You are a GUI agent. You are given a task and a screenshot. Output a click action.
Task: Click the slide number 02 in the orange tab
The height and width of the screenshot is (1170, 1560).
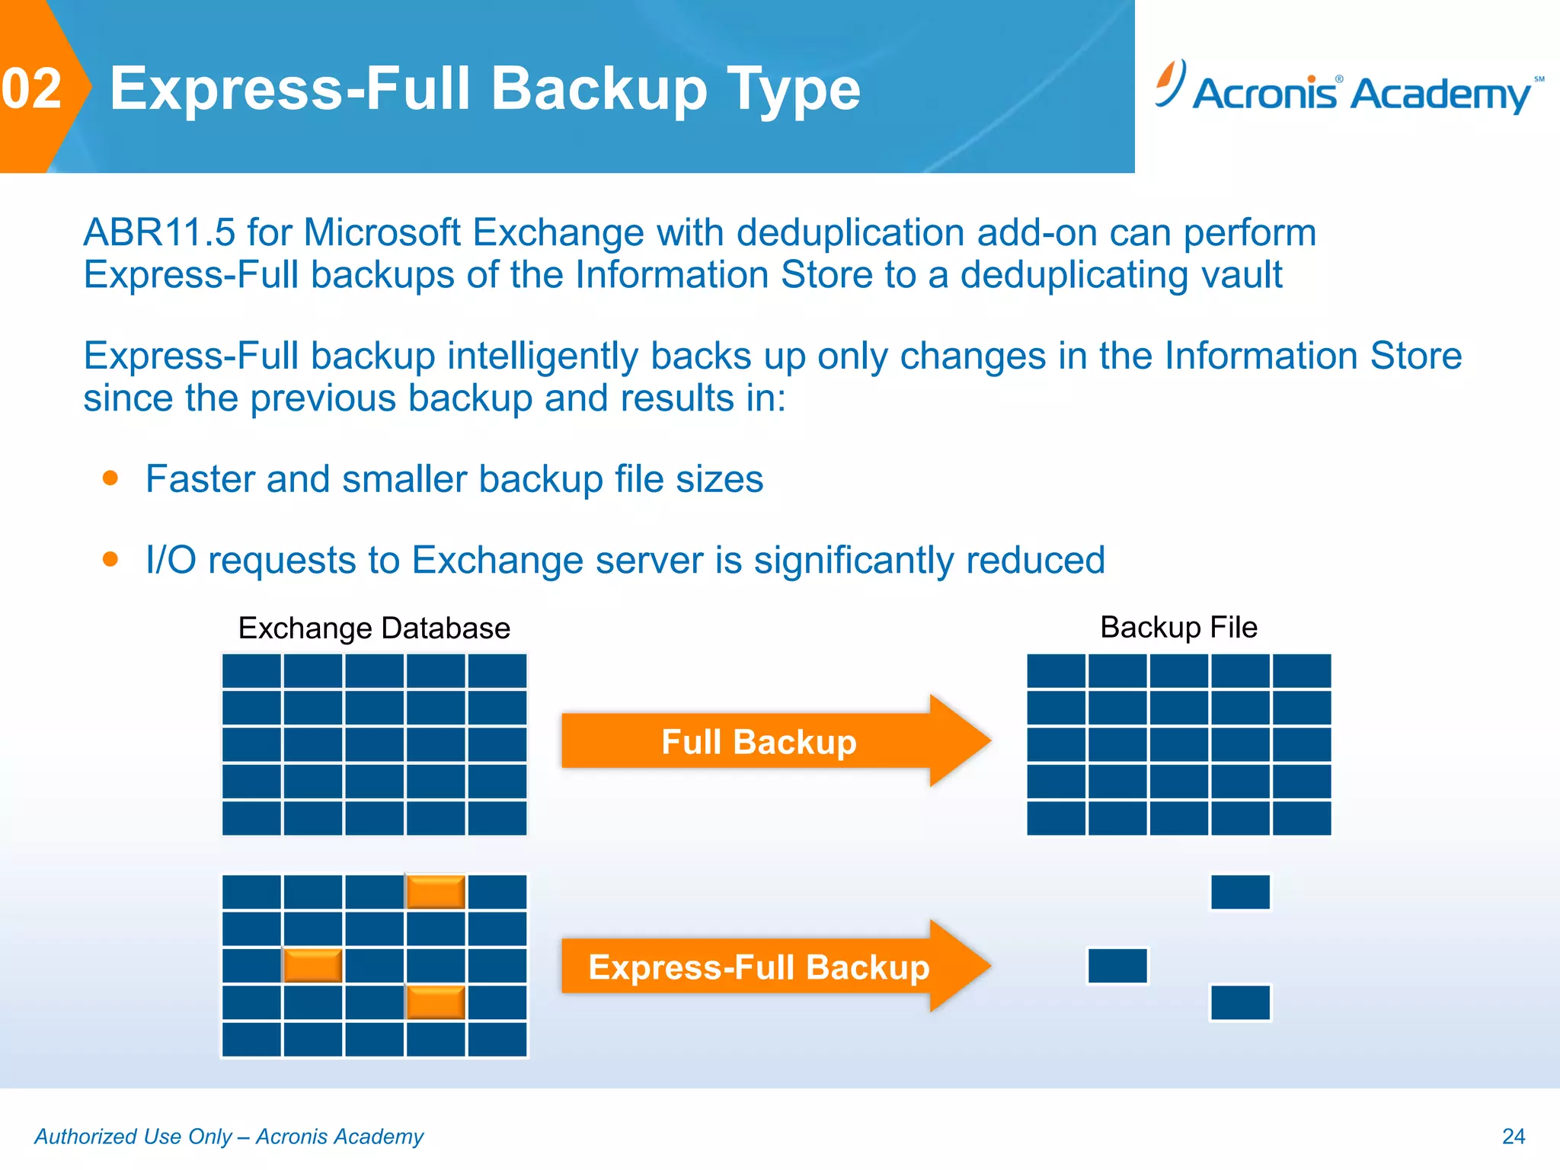point(32,88)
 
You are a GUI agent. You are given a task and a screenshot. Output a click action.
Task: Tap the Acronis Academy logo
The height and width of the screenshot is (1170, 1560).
point(1348,90)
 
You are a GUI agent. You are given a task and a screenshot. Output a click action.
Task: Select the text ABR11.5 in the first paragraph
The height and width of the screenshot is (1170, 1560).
point(159,232)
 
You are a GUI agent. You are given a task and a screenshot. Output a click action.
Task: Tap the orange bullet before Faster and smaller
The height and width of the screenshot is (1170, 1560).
point(110,478)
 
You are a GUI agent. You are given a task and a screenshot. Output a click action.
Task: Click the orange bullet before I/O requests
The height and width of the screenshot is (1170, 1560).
point(110,560)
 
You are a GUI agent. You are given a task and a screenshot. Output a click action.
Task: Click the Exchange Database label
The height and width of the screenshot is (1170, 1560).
point(374,628)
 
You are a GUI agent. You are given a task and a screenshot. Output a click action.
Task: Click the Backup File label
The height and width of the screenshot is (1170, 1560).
point(1178,628)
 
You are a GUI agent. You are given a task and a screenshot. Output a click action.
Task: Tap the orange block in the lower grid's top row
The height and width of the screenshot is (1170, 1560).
point(436,892)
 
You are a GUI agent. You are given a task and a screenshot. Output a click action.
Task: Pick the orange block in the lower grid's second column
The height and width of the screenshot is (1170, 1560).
point(312,966)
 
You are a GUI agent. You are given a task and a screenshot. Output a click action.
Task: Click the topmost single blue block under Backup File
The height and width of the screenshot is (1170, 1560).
point(1240,892)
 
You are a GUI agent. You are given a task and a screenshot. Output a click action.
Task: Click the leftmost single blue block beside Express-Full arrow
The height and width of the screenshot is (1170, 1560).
point(1117,966)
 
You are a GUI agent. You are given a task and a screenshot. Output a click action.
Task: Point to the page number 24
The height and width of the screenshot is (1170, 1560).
point(1513,1136)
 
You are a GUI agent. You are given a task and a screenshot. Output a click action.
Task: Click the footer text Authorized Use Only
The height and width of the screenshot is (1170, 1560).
point(133,1136)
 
